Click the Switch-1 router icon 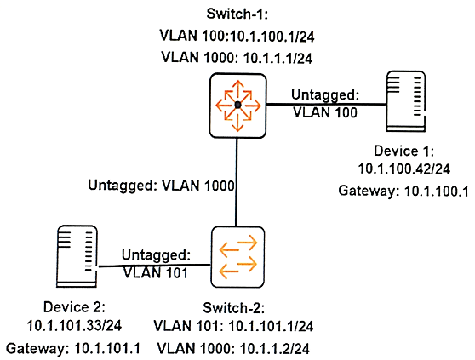(237, 106)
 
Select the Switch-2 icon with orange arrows (237, 257)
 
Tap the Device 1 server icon (406, 101)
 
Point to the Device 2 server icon (77, 256)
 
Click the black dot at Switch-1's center (237, 105)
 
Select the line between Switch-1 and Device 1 (327, 104)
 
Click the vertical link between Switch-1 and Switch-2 (237, 182)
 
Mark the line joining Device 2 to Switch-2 (154, 266)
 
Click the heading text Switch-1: (237, 14)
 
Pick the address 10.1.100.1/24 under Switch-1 (272, 37)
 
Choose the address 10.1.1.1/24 (278, 58)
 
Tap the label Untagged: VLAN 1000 (161, 186)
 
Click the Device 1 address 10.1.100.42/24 (403, 169)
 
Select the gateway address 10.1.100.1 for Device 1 (436, 191)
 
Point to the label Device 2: (74, 307)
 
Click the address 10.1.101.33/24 (74, 326)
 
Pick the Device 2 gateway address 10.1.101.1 (107, 348)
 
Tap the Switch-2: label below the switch (233, 308)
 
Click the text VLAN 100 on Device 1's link (325, 112)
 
